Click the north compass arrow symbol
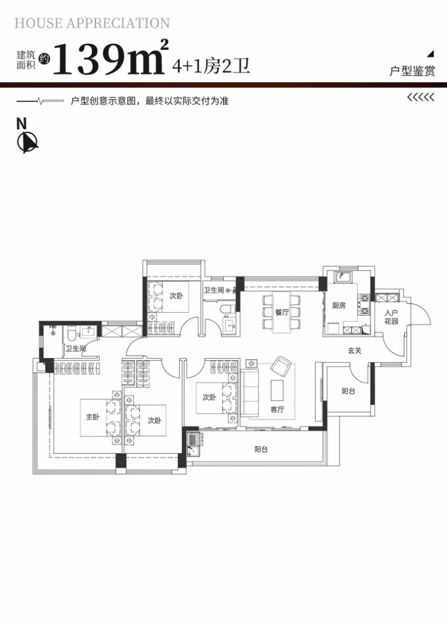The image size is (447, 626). click(x=27, y=142)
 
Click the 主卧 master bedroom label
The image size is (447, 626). click(x=92, y=417)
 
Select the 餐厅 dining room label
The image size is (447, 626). click(x=281, y=312)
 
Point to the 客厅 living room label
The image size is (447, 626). click(x=277, y=409)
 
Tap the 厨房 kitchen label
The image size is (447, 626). click(x=339, y=305)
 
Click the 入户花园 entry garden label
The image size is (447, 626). click(x=391, y=317)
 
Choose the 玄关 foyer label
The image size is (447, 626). click(x=355, y=351)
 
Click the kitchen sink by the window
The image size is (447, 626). click(x=342, y=277)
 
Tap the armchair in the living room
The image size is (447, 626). click(x=281, y=366)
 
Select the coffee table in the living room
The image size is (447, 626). click(x=277, y=390)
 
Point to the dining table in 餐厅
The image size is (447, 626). click(x=282, y=312)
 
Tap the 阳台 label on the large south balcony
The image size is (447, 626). click(x=261, y=449)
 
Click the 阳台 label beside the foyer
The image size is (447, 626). click(x=349, y=391)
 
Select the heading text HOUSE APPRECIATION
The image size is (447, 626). click(x=92, y=23)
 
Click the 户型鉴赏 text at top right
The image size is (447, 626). click(x=412, y=71)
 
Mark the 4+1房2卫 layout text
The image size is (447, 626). click(x=211, y=66)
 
